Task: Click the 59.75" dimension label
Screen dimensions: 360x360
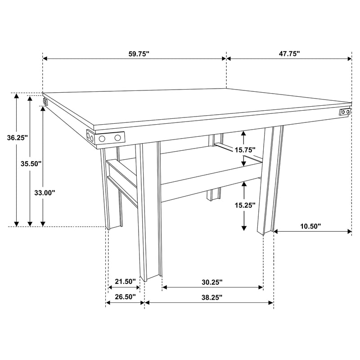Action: [139, 54]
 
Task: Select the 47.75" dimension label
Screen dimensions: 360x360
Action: [289, 54]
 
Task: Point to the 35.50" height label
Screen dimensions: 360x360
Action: [32, 164]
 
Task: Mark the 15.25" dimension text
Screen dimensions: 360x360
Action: [244, 205]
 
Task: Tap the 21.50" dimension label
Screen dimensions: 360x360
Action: [125, 282]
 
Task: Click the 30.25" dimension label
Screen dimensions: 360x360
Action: [212, 282]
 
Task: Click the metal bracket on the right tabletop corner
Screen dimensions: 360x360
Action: [345, 112]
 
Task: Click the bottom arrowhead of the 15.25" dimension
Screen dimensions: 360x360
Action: [244, 228]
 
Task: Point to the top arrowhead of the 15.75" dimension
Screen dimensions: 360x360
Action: [244, 133]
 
